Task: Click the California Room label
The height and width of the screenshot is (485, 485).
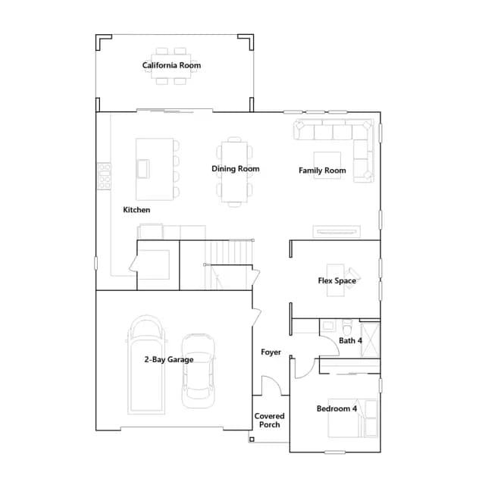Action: click(171, 65)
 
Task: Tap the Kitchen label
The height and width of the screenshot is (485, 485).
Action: click(136, 210)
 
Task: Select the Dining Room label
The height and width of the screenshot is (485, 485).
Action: click(236, 168)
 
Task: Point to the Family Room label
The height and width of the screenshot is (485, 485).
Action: click(322, 171)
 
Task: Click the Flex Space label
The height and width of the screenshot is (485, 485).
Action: click(336, 281)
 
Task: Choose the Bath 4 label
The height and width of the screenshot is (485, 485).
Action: click(350, 340)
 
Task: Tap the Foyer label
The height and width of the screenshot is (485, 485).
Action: click(271, 352)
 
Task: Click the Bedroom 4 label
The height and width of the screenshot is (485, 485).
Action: click(336, 408)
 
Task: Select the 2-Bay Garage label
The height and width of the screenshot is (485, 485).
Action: click(169, 359)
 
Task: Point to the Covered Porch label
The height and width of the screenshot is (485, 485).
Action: click(270, 421)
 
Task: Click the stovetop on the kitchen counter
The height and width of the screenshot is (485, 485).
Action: click(104, 176)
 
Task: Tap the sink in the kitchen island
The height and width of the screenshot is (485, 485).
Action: click(143, 168)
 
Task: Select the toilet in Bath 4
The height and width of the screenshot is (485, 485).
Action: click(347, 327)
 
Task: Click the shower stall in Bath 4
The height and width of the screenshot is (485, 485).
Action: click(371, 339)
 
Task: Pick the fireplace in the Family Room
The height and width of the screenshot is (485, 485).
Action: click(336, 231)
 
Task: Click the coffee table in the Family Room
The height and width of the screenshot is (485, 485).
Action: click(327, 165)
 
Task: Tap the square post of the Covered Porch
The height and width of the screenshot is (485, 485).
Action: click(252, 440)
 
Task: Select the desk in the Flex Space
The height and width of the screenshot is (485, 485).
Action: click(336, 280)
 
